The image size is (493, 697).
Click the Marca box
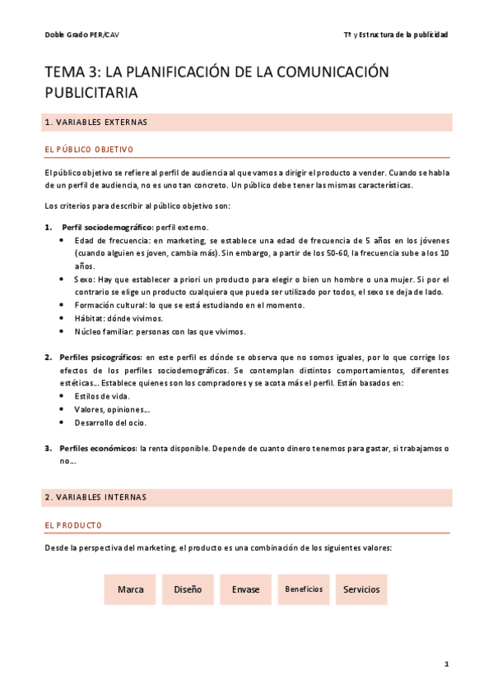pyautogui.click(x=131, y=589)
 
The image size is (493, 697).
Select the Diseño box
pyautogui.click(x=188, y=589)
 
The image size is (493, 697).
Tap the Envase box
pyautogui.click(x=245, y=589)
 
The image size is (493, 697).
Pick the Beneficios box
pyautogui.click(x=304, y=589)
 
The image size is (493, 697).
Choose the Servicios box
pyautogui.click(x=361, y=589)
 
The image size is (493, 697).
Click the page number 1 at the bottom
pyautogui.click(x=445, y=663)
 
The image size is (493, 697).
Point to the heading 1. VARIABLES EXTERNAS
pyautogui.click(x=95, y=122)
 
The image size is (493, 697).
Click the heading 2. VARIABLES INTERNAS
pyautogui.click(x=95, y=497)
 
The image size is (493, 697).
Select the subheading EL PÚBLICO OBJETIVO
pyautogui.click(x=89, y=150)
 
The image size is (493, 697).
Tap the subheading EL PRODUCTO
pyautogui.click(x=73, y=524)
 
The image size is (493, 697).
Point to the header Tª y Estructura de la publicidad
pyautogui.click(x=395, y=34)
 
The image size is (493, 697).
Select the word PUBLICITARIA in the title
pyautogui.click(x=91, y=93)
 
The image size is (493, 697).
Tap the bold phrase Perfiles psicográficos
pyautogui.click(x=100, y=358)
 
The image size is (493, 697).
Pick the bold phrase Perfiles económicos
pyautogui.click(x=99, y=448)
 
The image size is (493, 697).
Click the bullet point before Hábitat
pyautogui.click(x=65, y=319)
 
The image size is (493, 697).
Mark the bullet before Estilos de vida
pyautogui.click(x=65, y=396)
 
